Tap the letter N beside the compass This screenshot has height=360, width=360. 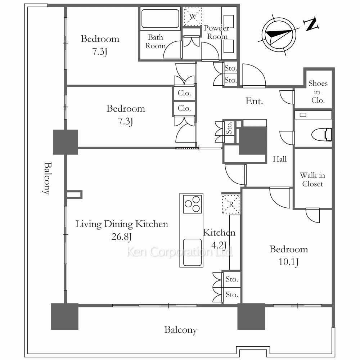(x=311, y=24)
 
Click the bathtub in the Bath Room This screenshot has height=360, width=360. (x=160, y=19)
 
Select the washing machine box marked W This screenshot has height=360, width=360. (x=193, y=17)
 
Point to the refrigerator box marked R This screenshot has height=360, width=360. (x=231, y=204)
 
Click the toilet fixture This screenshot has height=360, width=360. (x=321, y=135)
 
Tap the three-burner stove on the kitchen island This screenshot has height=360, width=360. (x=192, y=204)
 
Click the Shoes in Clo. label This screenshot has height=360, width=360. (x=318, y=92)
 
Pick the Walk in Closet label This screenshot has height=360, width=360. (x=312, y=180)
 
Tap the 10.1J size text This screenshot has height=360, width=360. (x=289, y=262)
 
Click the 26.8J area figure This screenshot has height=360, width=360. (x=121, y=237)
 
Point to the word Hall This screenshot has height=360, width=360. (x=280, y=159)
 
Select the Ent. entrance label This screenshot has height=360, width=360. (x=254, y=101)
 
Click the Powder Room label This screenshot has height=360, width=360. (x=216, y=32)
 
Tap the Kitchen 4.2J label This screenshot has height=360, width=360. (x=219, y=239)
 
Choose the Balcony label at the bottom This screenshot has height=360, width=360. (x=181, y=330)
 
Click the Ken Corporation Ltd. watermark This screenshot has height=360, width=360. (x=180, y=252)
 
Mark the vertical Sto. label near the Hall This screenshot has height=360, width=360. (x=229, y=128)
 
